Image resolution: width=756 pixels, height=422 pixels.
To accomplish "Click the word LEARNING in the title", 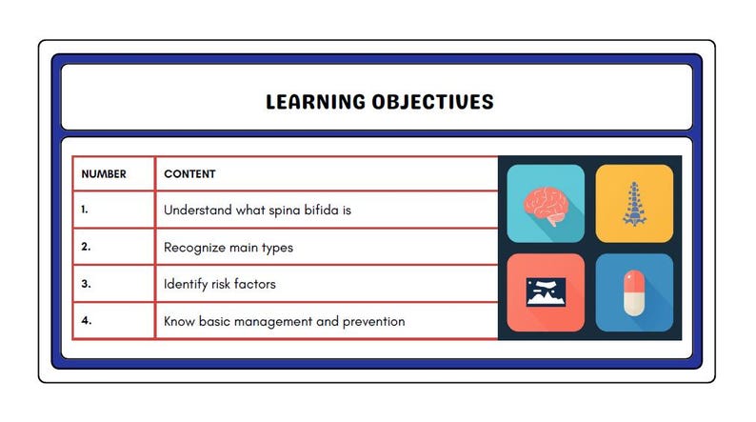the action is click(x=316, y=102).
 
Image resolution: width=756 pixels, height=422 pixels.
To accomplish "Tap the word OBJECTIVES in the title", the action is click(x=433, y=102).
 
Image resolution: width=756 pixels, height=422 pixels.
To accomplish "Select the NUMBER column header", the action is click(x=104, y=174).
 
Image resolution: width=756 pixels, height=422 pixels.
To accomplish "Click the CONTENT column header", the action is click(x=189, y=174).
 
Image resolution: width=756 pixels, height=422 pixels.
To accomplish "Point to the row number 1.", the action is click(x=85, y=210).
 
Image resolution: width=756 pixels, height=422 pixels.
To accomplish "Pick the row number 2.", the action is click(x=86, y=247).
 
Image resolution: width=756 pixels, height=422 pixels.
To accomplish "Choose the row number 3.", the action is click(x=86, y=284).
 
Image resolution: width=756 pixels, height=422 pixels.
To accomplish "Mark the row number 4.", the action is click(x=87, y=320).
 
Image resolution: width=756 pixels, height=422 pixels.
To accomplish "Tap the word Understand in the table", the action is click(x=198, y=211).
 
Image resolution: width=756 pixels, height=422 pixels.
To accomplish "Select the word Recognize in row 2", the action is click(x=195, y=248).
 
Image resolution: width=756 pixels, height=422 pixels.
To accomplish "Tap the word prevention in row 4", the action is click(x=373, y=322).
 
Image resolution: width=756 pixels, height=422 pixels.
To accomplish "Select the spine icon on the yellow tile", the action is click(x=634, y=204).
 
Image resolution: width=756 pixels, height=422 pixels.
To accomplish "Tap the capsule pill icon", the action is click(x=634, y=292).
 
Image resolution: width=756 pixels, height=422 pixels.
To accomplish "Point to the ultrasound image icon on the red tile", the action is click(x=546, y=292).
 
